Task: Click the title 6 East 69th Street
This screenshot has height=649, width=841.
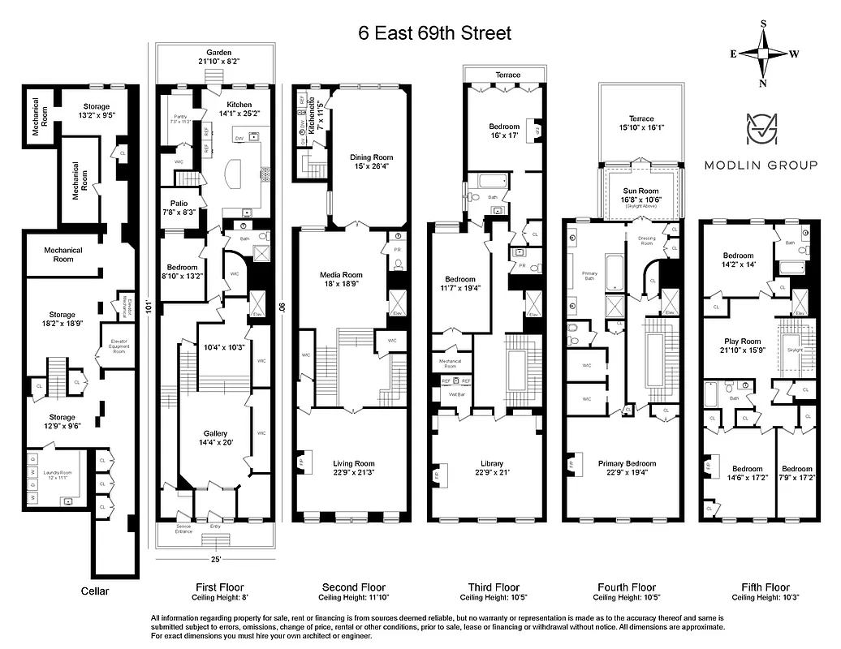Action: coord(435,33)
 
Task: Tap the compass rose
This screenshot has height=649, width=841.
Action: coord(763,54)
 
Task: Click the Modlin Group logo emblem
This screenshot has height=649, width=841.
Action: coord(760,133)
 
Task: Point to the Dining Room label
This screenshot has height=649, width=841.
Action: coord(371,157)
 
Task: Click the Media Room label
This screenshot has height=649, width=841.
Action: coord(340,275)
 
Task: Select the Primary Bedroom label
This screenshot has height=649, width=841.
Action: coord(627,463)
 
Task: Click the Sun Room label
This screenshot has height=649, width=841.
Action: coord(642,190)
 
